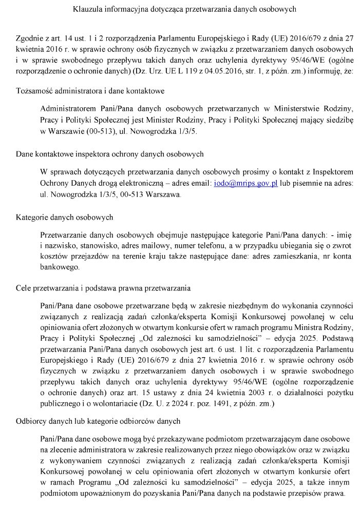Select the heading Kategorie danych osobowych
coord(65,218)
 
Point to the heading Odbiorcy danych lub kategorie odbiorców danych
coord(98,421)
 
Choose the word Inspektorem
coord(330,171)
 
